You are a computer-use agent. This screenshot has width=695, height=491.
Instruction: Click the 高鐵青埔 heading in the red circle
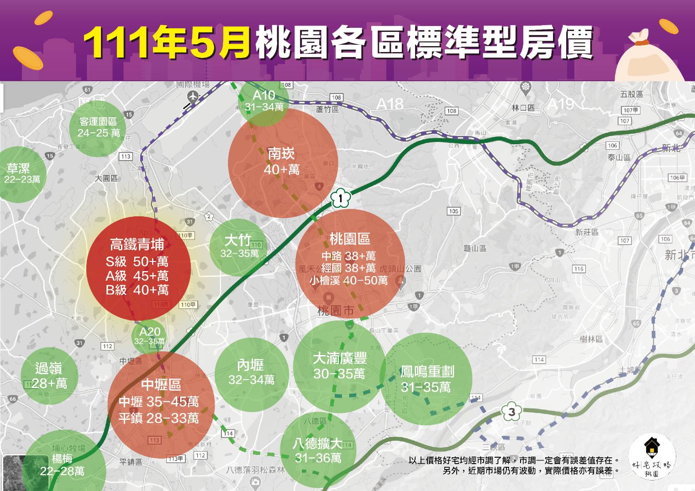coord(137,245)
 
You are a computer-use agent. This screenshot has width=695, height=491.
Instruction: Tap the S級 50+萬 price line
coord(137,261)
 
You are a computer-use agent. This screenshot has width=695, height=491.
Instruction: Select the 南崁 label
coord(281,154)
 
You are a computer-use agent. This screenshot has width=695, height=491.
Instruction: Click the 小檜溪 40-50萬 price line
coord(348,281)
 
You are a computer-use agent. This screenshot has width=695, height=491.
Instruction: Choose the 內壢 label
coord(251,365)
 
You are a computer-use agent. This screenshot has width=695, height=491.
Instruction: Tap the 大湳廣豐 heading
coord(339,358)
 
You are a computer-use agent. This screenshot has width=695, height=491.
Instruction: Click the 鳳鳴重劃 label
coord(427,372)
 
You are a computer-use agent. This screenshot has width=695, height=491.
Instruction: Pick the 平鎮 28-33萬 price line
coord(158,418)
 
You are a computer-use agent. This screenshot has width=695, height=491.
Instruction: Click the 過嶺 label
coord(48,368)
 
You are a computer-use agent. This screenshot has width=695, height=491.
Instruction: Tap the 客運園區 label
coord(98,121)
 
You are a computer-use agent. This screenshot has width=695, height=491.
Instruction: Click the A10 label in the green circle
coord(264,95)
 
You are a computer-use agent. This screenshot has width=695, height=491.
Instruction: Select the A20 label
coord(150,332)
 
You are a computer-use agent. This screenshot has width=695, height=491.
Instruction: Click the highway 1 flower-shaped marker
coord(340,198)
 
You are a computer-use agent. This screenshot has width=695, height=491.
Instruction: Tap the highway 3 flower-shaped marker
coord(512,412)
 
